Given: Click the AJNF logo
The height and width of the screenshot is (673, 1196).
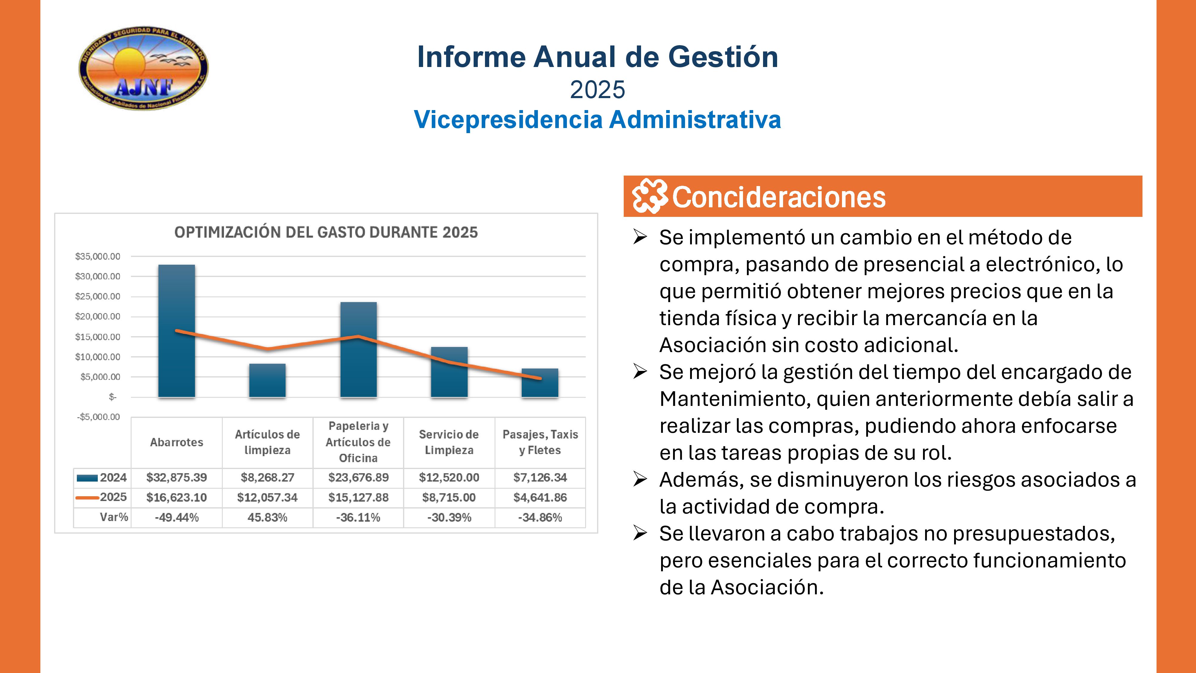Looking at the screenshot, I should tap(144, 68).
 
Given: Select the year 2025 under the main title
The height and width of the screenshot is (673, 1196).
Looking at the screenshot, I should tap(597, 90).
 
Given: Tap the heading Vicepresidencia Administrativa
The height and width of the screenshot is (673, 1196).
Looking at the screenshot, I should tap(597, 120).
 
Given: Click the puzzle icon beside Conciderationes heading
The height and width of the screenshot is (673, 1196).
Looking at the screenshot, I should tap(649, 196).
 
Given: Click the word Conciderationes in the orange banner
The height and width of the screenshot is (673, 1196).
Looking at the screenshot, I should tap(779, 197).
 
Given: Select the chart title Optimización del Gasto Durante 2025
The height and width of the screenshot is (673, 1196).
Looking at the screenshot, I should tap(326, 232).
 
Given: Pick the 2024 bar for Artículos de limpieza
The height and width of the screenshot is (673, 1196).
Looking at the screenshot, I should tap(267, 381).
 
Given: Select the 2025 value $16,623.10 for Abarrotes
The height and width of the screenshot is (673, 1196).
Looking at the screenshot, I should tap(176, 497).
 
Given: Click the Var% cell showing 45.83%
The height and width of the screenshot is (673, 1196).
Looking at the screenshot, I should tap(267, 517).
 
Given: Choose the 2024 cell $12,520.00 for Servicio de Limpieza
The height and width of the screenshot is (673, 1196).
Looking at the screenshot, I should tap(449, 477).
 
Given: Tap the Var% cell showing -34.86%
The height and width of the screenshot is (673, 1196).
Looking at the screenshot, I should tap(540, 517).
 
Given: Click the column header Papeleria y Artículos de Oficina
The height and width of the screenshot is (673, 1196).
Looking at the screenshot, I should tap(358, 442).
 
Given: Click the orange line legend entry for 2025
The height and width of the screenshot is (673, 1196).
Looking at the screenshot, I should tap(87, 497).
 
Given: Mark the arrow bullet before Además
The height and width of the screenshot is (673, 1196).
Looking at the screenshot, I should tap(640, 479).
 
